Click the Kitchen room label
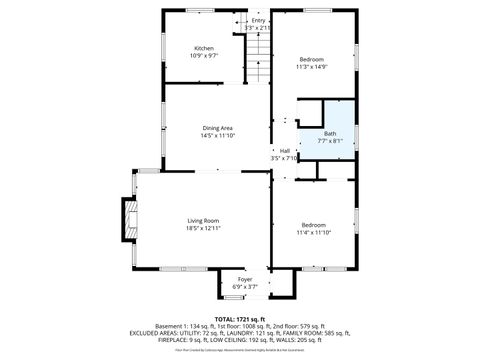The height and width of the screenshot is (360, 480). pyautogui.click(x=204, y=48)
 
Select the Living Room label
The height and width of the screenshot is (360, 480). pyautogui.click(x=203, y=221)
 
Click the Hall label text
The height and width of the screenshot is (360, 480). pyautogui.click(x=285, y=151)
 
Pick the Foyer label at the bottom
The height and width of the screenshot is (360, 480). pyautogui.click(x=245, y=279)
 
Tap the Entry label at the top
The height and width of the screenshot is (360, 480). pyautogui.click(x=259, y=20)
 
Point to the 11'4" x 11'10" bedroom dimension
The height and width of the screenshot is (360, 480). pyautogui.click(x=314, y=232)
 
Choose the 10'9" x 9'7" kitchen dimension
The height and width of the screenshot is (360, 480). pyautogui.click(x=204, y=56)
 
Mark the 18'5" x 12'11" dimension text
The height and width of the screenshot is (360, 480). pyautogui.click(x=203, y=229)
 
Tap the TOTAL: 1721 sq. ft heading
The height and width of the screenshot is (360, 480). pyautogui.click(x=240, y=318)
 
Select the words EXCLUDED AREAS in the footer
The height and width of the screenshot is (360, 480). pyautogui.click(x=156, y=332)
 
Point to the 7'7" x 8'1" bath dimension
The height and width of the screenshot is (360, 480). pyautogui.click(x=331, y=141)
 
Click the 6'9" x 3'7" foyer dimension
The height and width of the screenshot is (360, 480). pyautogui.click(x=245, y=287)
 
